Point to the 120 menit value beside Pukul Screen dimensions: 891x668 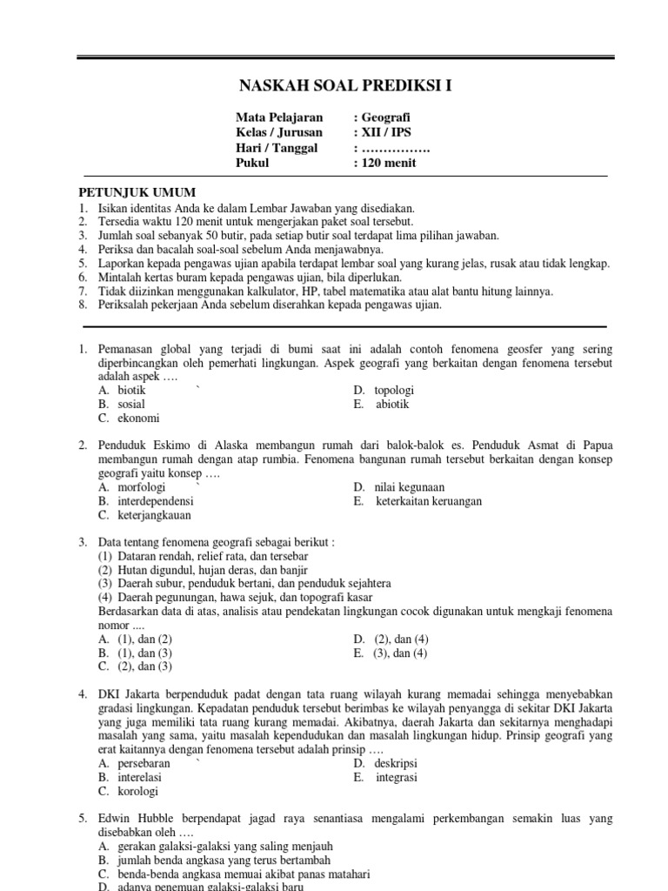(390, 163)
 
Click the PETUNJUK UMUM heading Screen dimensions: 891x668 (137, 192)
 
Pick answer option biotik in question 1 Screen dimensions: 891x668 (132, 390)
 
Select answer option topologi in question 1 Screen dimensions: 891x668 (394, 390)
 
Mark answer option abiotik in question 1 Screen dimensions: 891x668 (391, 404)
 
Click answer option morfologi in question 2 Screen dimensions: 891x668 (141, 487)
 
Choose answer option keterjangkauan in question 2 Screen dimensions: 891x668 (154, 515)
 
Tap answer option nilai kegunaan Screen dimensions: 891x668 (409, 487)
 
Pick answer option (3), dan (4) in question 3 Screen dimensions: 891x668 (400, 653)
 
